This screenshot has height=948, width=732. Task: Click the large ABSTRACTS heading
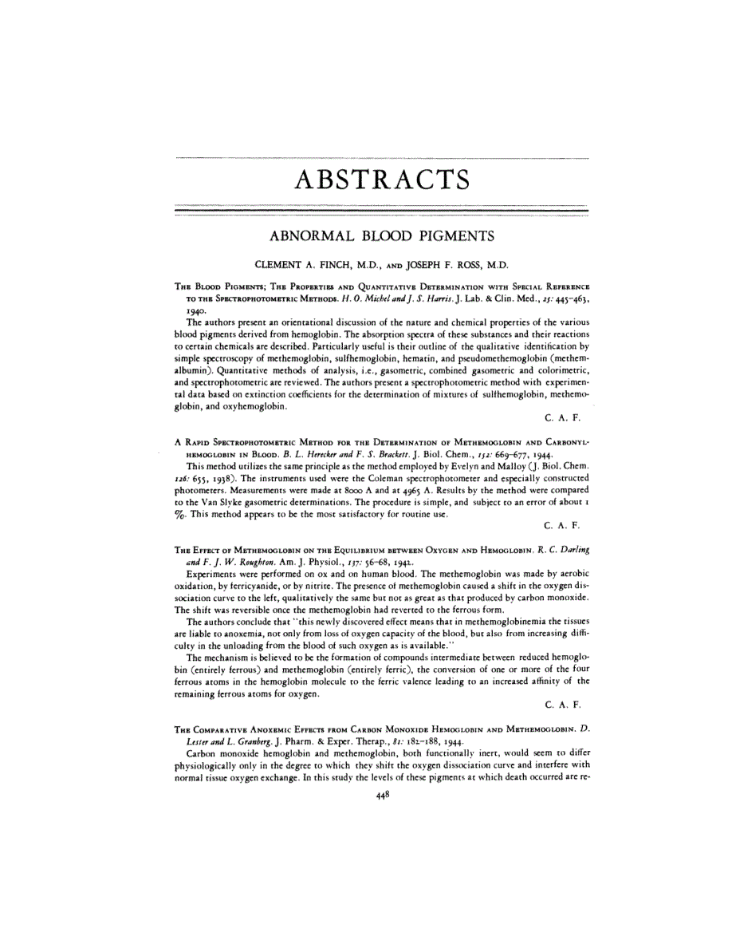click(381, 181)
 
